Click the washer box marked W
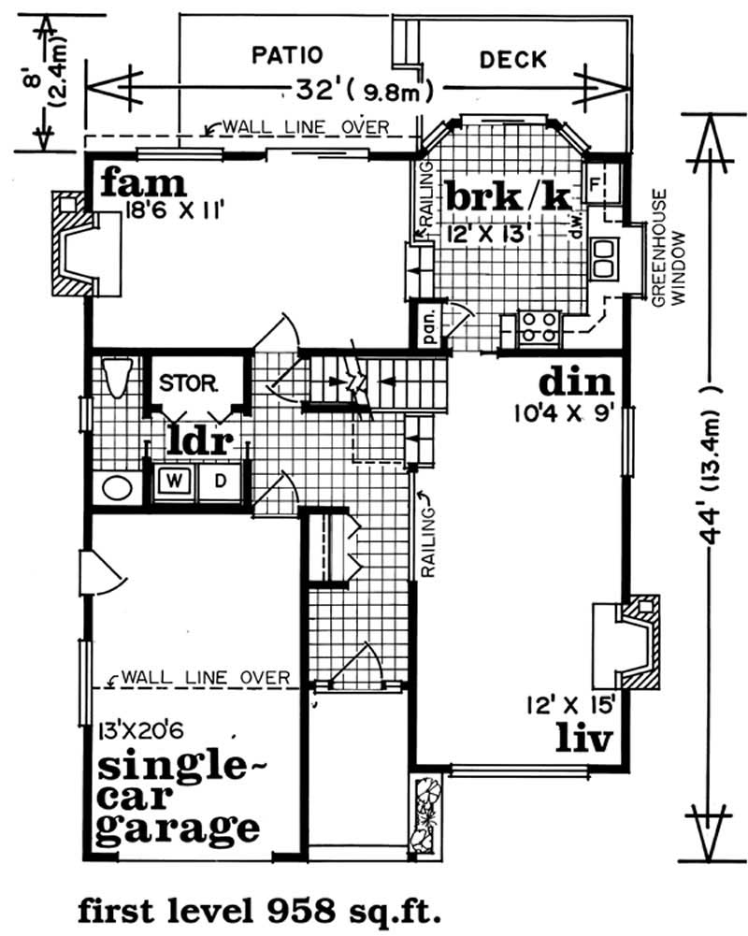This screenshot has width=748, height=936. tap(175, 482)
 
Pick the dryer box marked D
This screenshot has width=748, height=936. tap(223, 482)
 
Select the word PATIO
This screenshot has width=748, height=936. tap(287, 53)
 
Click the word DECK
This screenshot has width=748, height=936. tap(512, 60)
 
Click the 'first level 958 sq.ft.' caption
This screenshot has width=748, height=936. tap(257, 909)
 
